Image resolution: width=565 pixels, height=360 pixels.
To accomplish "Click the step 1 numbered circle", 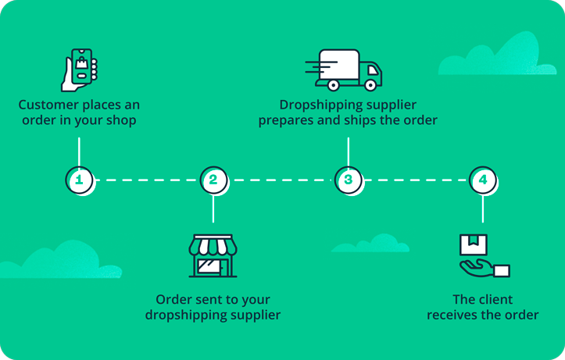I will pyautogui.click(x=79, y=180).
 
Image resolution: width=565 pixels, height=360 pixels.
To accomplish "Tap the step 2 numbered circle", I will pyautogui.click(x=213, y=180).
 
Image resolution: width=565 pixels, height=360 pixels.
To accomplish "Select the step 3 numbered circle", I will pyautogui.click(x=349, y=180).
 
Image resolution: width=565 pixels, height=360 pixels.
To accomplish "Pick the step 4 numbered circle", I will pyautogui.click(x=483, y=180).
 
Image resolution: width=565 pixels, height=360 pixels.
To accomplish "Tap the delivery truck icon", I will pyautogui.click(x=344, y=70).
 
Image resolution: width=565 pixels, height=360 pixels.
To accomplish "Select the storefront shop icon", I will pyautogui.click(x=213, y=255).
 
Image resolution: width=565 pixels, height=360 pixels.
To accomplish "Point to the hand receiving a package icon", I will pyautogui.click(x=483, y=256).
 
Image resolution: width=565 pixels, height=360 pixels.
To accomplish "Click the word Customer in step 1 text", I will pyautogui.click(x=48, y=105).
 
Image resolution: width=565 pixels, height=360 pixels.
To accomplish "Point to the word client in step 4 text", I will pyautogui.click(x=495, y=299).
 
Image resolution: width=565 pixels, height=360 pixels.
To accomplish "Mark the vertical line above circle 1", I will pyautogui.click(x=79, y=152).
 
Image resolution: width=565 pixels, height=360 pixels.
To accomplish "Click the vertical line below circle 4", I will pyautogui.click(x=483, y=209).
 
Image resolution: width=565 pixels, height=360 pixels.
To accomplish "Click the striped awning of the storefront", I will pyautogui.click(x=213, y=247).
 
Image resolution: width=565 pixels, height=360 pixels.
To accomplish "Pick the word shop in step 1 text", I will pyautogui.click(x=121, y=121).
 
